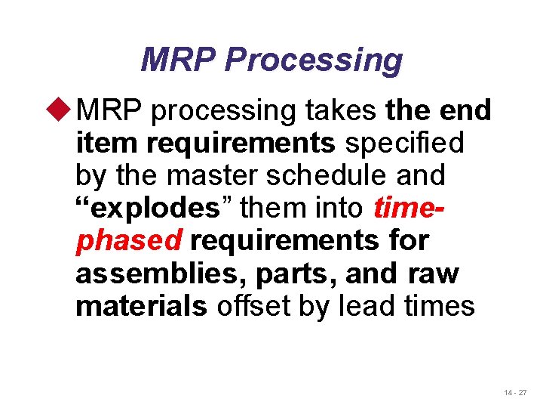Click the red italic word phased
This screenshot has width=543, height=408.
pyautogui.click(x=129, y=242)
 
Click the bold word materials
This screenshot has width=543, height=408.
pyautogui.click(x=141, y=307)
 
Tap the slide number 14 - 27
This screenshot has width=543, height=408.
pyautogui.click(x=515, y=393)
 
